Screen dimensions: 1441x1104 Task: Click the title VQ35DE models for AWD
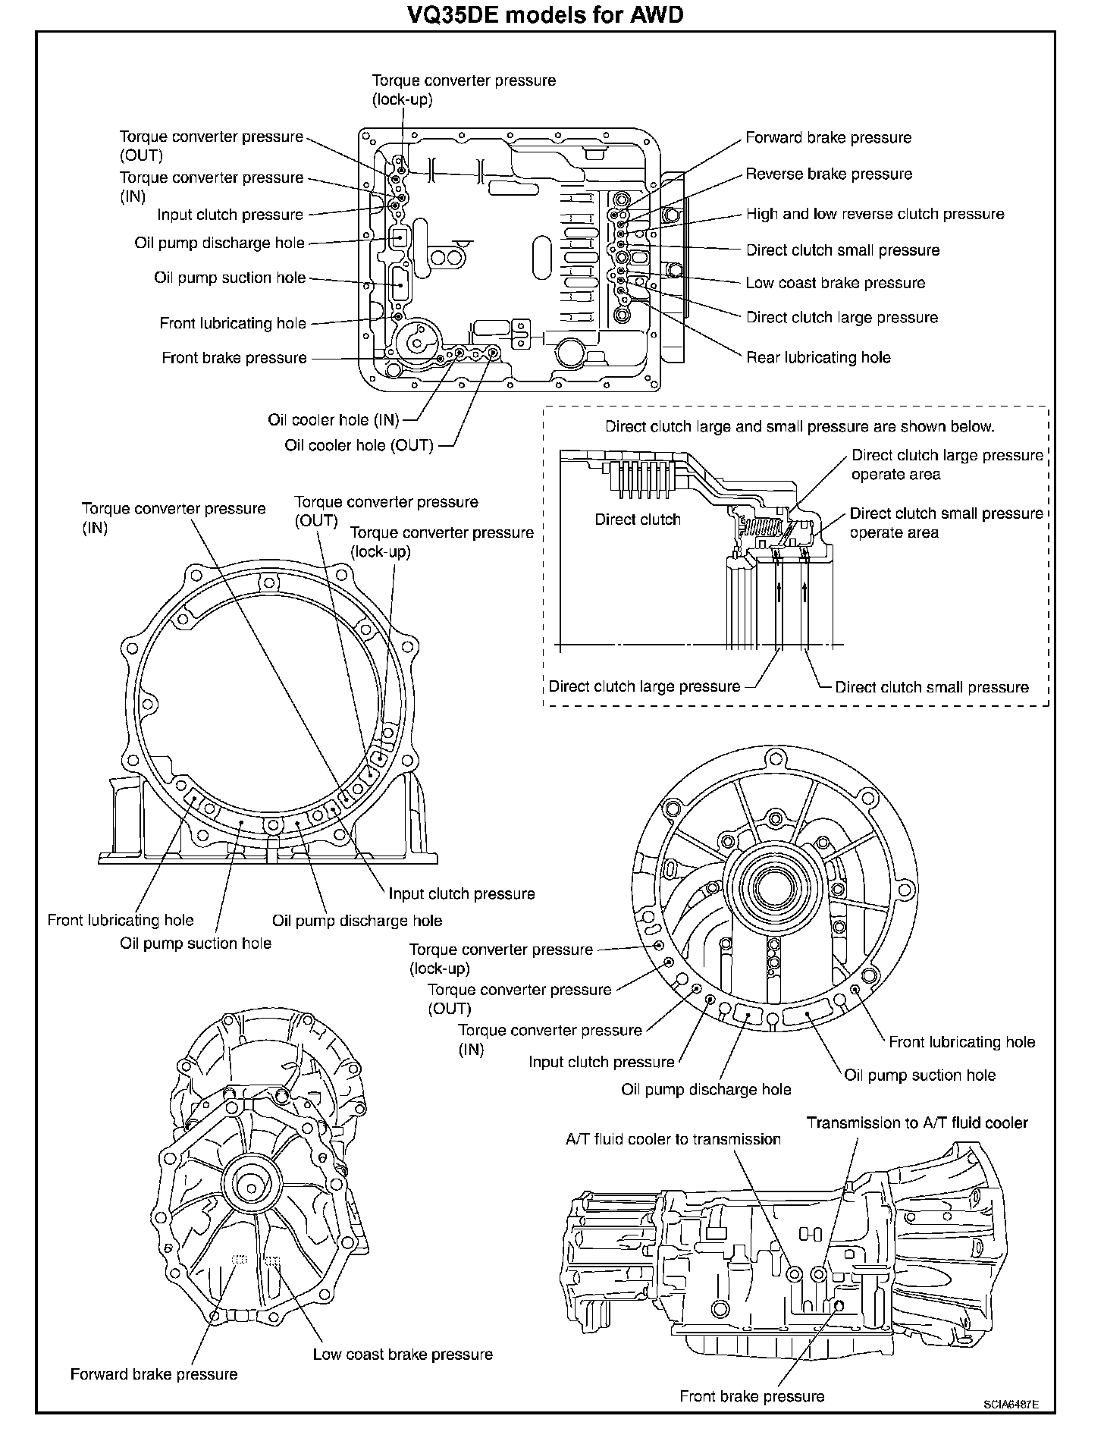point(545,14)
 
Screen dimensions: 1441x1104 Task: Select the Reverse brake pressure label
point(829,174)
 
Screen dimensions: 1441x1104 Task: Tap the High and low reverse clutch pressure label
point(875,215)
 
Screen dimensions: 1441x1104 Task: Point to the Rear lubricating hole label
point(818,357)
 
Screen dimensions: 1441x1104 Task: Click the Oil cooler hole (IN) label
point(333,420)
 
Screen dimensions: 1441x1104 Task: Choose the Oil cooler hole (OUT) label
point(359,445)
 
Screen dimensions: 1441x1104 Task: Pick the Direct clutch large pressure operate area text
point(947,464)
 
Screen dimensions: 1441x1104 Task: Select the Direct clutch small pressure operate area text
point(946,523)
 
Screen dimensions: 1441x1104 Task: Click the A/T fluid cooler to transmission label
point(673,1139)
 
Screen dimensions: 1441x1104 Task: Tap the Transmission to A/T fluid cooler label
point(917,1122)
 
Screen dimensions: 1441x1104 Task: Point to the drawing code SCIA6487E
point(1011,1404)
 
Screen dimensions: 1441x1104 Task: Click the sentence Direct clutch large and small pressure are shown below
point(799,426)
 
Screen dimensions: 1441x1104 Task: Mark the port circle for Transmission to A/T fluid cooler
point(818,1273)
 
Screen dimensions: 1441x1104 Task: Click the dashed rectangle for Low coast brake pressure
point(272,1261)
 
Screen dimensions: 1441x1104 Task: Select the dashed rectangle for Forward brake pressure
point(240,1260)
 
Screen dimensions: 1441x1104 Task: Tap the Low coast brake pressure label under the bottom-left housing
point(403,1355)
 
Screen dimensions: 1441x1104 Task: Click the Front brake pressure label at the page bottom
point(751,1396)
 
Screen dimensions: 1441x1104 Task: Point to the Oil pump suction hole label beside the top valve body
point(230,278)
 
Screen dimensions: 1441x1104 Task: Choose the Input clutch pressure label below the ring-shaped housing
point(461,893)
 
